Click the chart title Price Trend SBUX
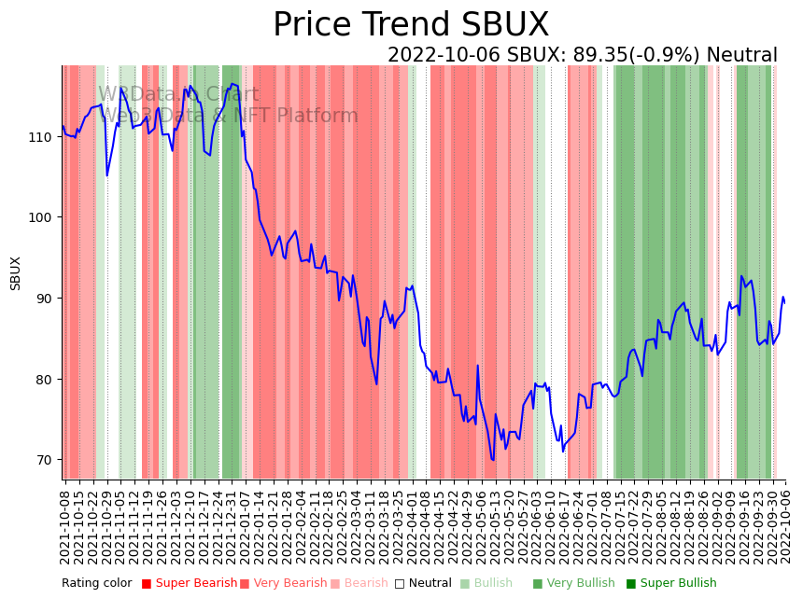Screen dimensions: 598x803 pos(411,25)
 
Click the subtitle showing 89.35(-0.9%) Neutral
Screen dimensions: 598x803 pos(582,56)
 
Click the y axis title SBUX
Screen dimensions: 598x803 pos(16,272)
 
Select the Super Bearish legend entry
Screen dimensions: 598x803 pos(189,584)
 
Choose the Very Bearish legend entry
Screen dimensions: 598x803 pos(283,584)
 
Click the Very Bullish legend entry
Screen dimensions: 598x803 pos(573,584)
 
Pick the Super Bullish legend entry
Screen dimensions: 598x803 pos(671,584)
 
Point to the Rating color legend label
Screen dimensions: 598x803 pos(97,584)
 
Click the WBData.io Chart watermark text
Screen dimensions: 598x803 pos(165,94)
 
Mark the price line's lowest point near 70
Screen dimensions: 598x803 pos(492,459)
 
